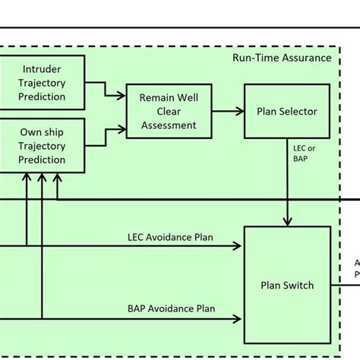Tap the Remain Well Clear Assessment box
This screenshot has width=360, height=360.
pos(169,111)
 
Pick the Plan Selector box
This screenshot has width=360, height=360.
pos(286,112)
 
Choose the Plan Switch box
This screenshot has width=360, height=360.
pos(286,286)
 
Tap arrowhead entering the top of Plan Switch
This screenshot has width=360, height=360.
pos(286,221)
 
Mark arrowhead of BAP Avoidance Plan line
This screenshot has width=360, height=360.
pos(237,318)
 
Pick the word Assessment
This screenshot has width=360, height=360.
pos(169,125)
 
